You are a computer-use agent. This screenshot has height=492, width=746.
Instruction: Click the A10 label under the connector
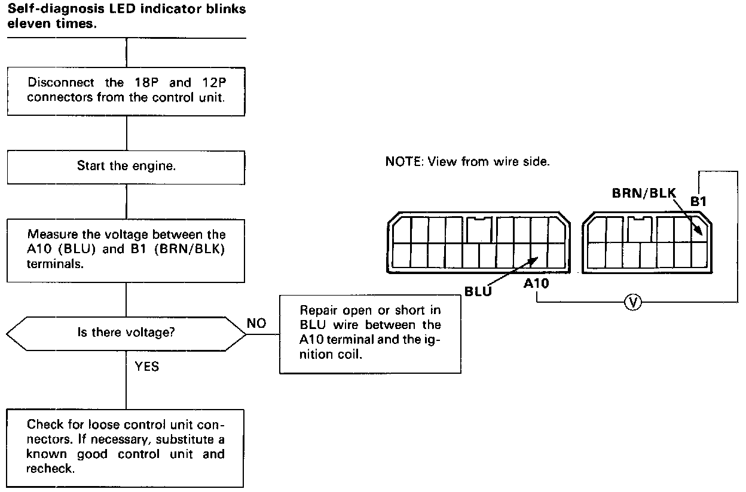pyautogui.click(x=536, y=284)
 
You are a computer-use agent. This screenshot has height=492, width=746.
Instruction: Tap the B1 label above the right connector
pyautogui.click(x=698, y=201)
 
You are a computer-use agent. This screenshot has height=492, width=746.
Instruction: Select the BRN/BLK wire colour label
pyautogui.click(x=643, y=193)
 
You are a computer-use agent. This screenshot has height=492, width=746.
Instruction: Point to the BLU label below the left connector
pyautogui.click(x=478, y=291)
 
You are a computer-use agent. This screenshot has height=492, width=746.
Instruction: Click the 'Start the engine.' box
pyautogui.click(x=126, y=166)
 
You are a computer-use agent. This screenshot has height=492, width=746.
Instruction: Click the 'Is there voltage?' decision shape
pyautogui.click(x=126, y=332)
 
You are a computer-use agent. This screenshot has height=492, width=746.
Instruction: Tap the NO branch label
pyautogui.click(x=257, y=323)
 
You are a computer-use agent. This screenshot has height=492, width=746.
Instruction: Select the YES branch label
pyautogui.click(x=147, y=367)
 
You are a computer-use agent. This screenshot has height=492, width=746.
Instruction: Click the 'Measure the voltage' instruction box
pyautogui.click(x=126, y=250)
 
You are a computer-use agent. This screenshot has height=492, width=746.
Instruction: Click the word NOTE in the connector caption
pyautogui.click(x=403, y=162)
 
